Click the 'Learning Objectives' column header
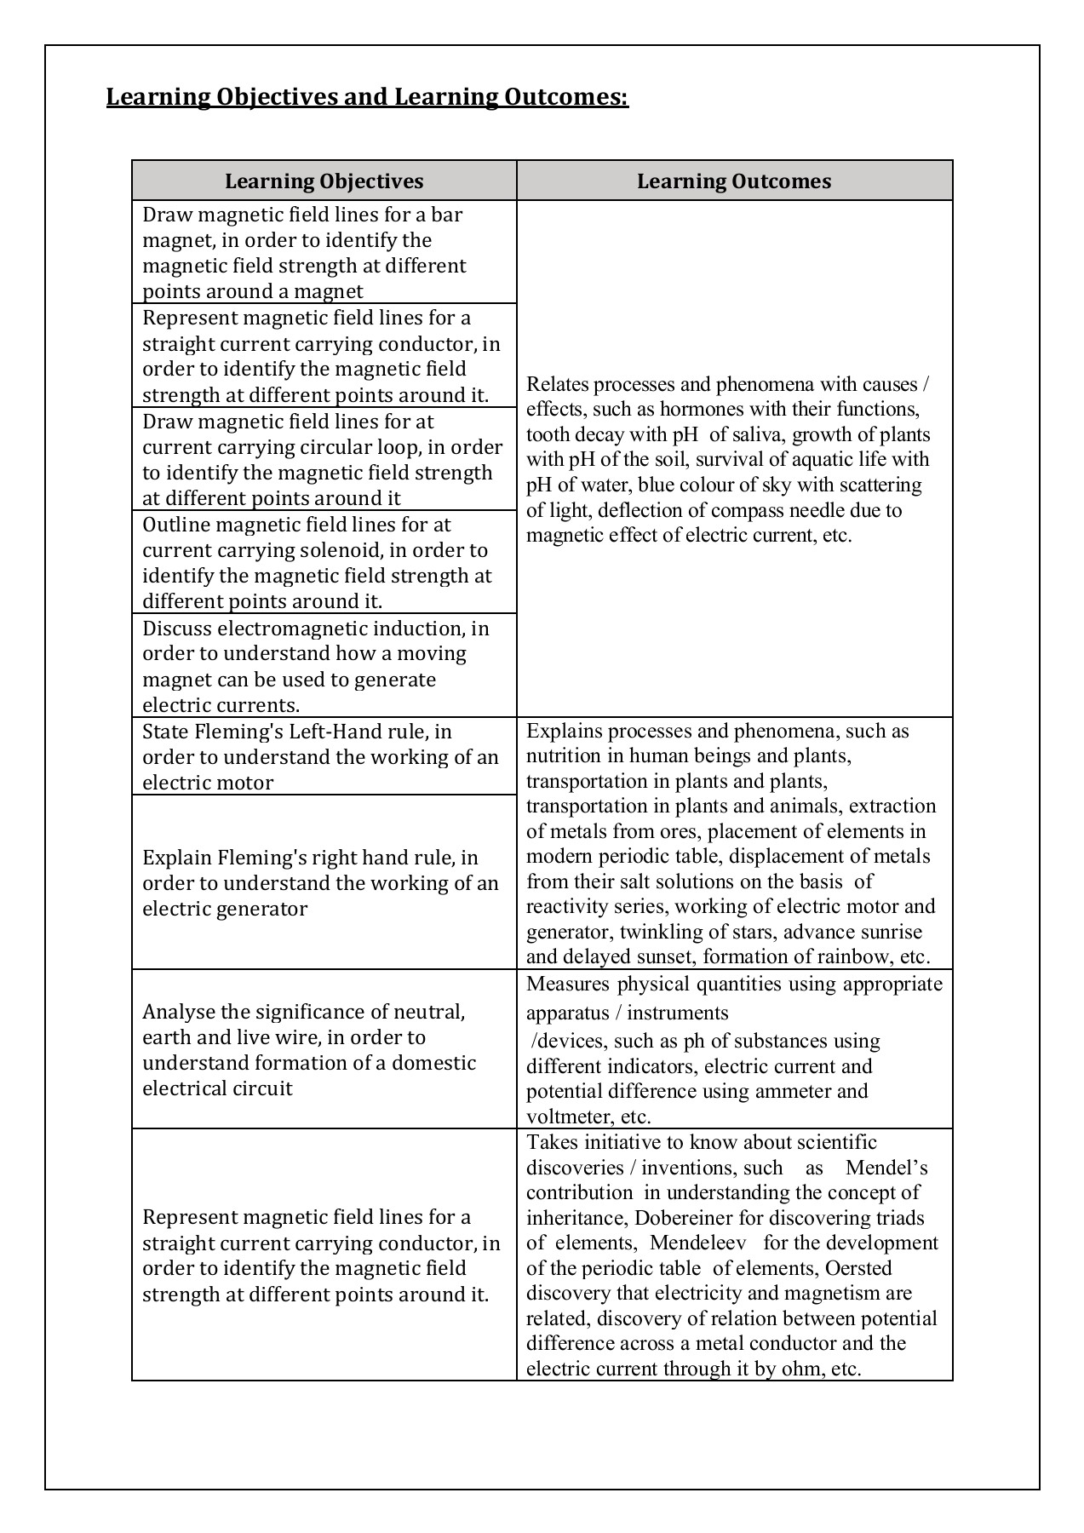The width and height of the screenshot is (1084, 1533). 324,181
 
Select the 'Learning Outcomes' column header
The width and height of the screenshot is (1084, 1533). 734,181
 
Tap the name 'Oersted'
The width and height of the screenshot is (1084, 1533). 859,1268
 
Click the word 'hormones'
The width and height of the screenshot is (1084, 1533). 698,409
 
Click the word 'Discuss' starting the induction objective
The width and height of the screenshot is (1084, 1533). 177,629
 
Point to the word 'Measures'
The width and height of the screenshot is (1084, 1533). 568,985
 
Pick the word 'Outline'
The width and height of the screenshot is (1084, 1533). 176,525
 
